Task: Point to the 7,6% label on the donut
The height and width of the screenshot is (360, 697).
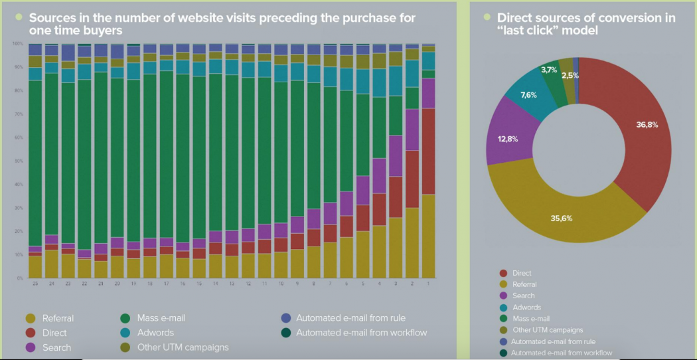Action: [x=529, y=94]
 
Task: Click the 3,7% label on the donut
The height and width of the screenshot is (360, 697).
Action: [x=549, y=70]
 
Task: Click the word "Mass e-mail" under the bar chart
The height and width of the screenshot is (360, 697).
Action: [x=161, y=317]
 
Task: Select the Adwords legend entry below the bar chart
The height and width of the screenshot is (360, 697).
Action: [x=155, y=332]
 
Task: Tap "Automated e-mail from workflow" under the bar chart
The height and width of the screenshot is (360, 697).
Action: [x=361, y=332]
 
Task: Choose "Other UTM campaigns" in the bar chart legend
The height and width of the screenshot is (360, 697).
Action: [x=183, y=347]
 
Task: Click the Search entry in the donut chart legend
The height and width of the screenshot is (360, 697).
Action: [x=524, y=296]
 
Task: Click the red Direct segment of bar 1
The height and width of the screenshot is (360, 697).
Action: [x=428, y=151]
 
